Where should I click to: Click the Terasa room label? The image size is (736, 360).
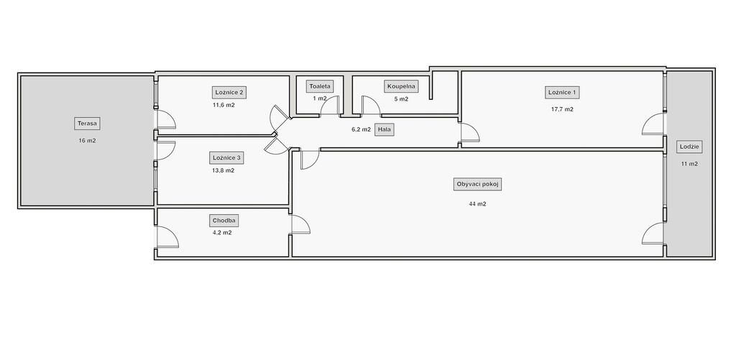(87, 124)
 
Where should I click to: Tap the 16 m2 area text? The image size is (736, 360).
(87, 140)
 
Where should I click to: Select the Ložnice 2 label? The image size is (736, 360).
(229, 92)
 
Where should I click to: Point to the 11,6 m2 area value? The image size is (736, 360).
(224, 105)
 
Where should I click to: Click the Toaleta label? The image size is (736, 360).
(320, 86)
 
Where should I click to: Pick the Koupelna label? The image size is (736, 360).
(401, 86)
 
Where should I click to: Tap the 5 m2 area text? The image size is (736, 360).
(401, 99)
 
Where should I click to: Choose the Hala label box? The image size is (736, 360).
(384, 130)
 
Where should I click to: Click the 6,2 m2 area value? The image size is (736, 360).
(361, 129)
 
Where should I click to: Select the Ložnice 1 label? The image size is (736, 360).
(562, 93)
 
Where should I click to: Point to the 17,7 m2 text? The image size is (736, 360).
(562, 109)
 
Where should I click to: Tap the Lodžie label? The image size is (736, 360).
(689, 147)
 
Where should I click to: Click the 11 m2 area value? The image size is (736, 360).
(689, 164)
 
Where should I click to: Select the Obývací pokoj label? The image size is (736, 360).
(477, 185)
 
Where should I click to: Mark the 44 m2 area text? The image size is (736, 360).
(477, 203)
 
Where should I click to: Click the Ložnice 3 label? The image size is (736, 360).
(226, 157)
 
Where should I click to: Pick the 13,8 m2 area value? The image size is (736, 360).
(224, 170)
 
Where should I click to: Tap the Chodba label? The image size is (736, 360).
(225, 220)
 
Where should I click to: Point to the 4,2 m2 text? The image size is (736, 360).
(222, 232)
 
